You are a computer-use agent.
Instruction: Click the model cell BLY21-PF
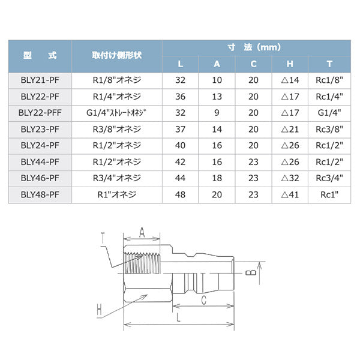click(x=40, y=80)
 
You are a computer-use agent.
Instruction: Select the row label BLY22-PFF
click(x=40, y=113)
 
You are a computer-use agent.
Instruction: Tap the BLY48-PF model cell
click(x=40, y=194)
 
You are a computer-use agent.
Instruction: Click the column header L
click(x=181, y=64)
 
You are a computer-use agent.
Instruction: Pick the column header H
click(x=290, y=64)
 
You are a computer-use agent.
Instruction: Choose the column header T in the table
click(x=329, y=64)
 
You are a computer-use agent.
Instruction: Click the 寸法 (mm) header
click(x=254, y=47)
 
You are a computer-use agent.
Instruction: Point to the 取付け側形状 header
click(x=116, y=55)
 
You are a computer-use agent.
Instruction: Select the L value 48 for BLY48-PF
click(x=180, y=194)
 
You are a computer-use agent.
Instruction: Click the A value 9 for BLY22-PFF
click(x=217, y=113)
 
